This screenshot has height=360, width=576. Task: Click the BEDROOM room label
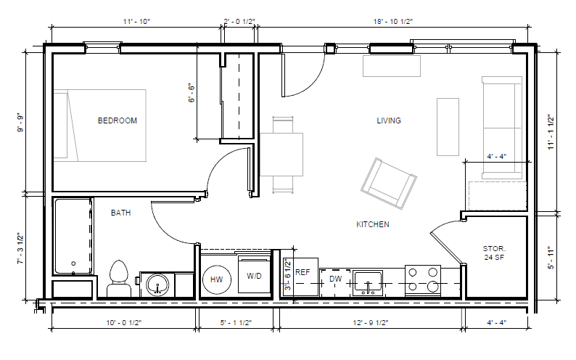pos(118,120)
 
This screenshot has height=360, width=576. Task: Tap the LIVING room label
pos(389,120)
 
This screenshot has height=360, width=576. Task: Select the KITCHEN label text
pos(372,224)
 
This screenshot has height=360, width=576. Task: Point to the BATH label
pos(120,213)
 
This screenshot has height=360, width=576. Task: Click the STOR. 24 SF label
pos(494,253)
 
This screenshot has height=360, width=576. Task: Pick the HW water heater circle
pos(217,279)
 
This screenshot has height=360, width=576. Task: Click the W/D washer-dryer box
pos(254,275)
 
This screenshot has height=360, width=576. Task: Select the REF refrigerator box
pos(302,277)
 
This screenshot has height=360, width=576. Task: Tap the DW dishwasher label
pos(335,279)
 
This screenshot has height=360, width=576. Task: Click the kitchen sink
pos(367,283)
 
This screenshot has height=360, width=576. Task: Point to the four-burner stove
pos(423,281)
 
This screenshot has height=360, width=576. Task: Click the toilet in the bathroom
pos(119,279)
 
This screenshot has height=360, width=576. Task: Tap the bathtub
pos(73,236)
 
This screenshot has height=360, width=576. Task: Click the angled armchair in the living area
pos(389,184)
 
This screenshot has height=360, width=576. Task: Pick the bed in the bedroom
pos(100,126)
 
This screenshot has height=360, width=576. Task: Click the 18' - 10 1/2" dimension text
pos(392,21)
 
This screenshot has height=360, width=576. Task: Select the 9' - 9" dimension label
pos(20,124)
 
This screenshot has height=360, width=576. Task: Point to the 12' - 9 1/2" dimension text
pos(371,322)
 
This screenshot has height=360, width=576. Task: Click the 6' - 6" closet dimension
pos(192,93)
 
